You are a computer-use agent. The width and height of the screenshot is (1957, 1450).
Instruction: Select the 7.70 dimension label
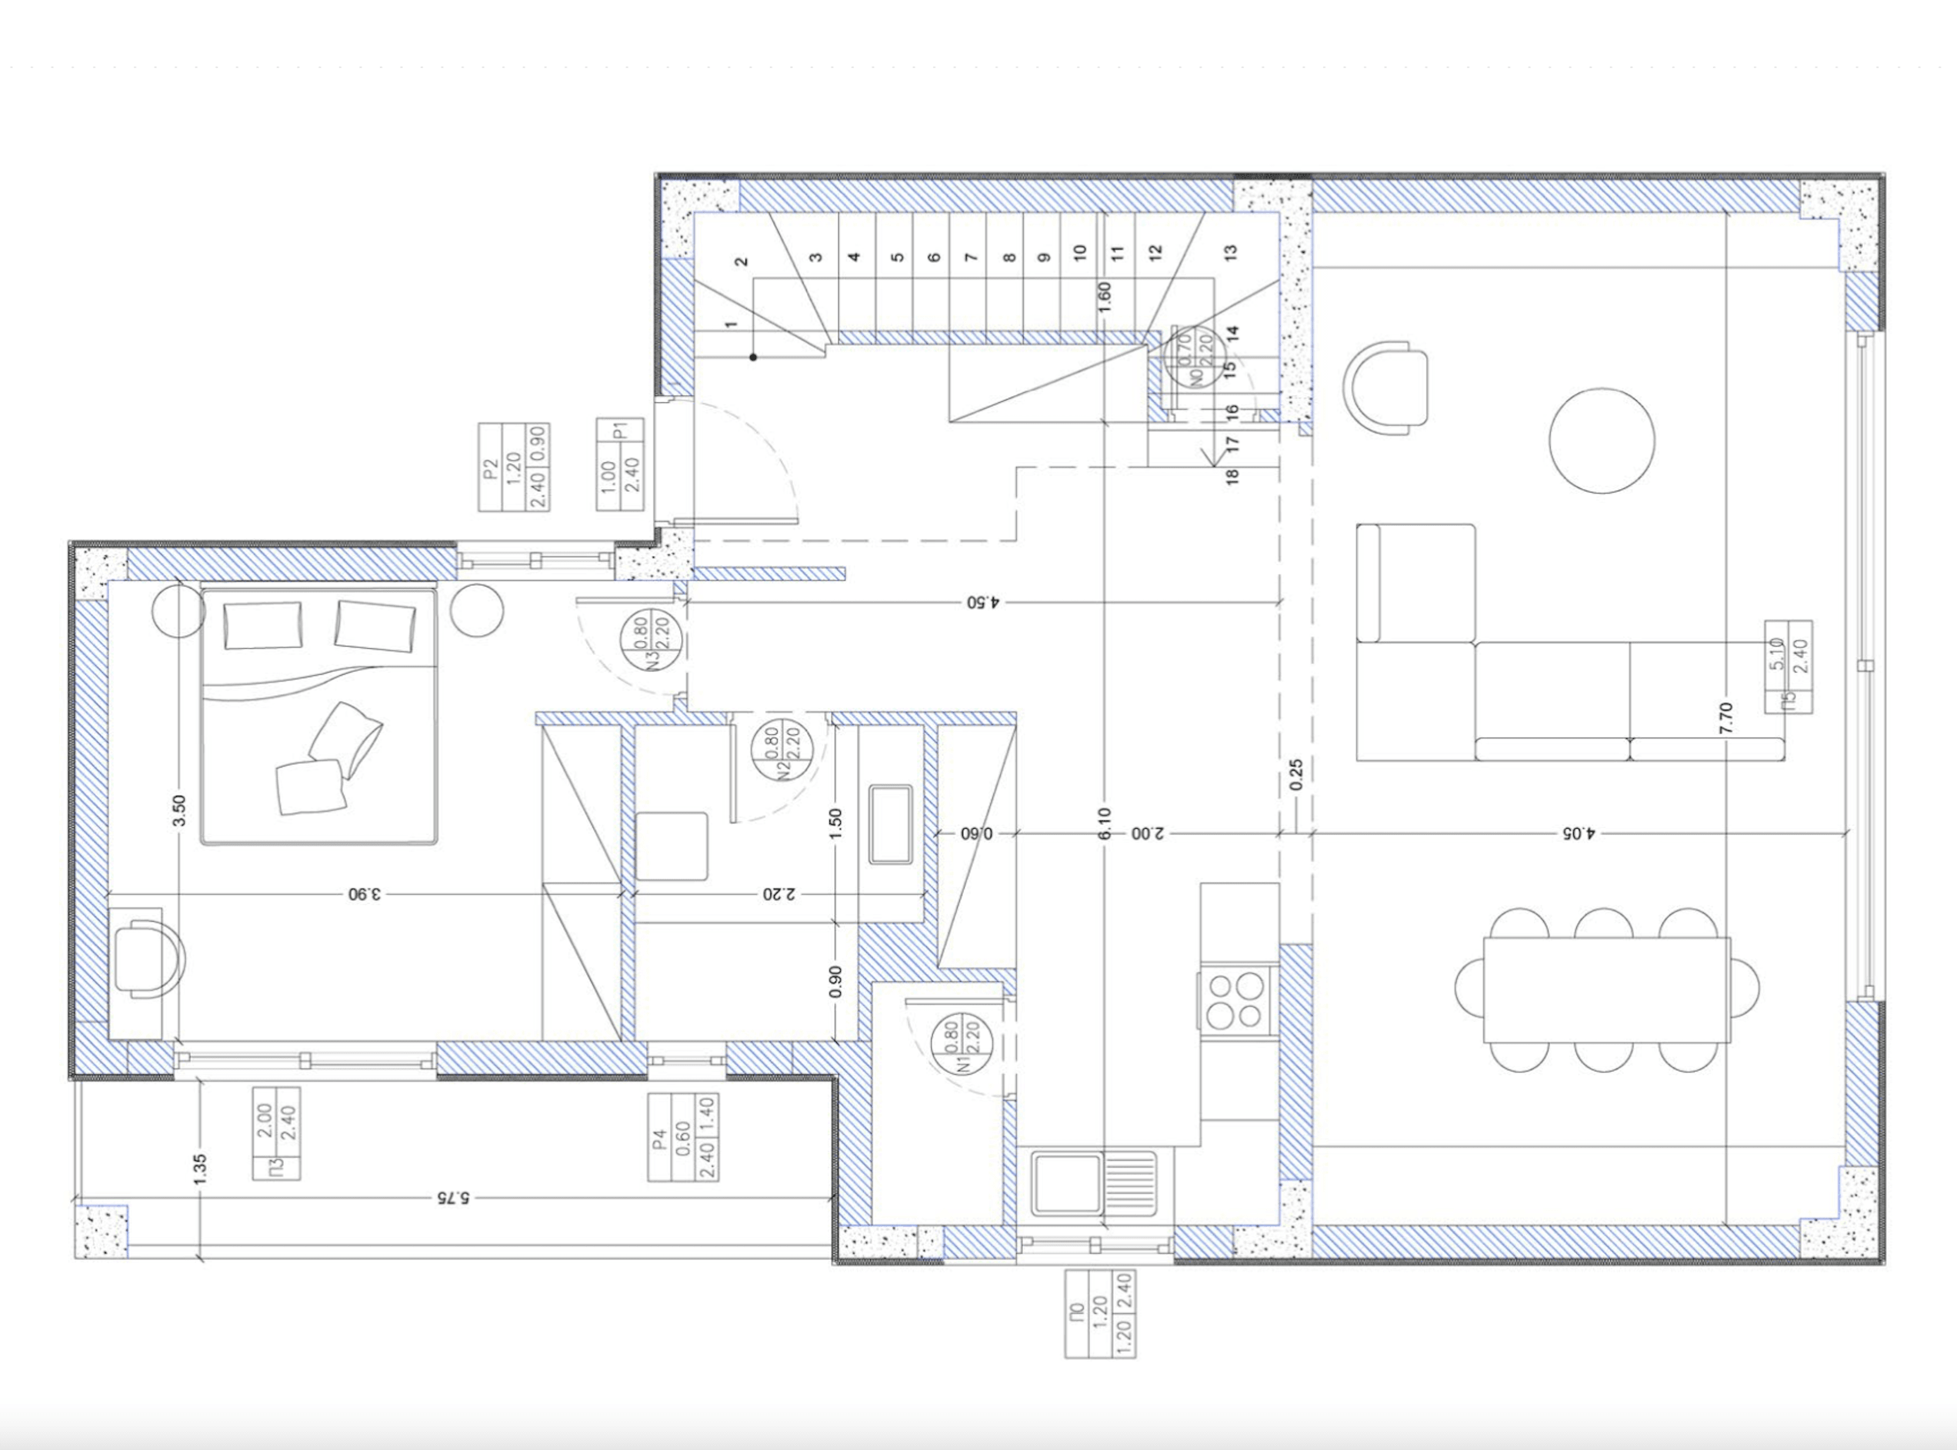click(1726, 718)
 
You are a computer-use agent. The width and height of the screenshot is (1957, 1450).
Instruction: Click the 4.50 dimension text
click(982, 602)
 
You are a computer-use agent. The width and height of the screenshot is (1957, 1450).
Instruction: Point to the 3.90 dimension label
click(365, 894)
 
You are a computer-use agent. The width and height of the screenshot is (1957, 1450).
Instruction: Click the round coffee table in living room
click(1602, 441)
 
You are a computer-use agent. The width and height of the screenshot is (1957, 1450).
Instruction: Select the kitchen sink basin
click(1067, 1183)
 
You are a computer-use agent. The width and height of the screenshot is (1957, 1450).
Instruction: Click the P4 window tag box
click(683, 1138)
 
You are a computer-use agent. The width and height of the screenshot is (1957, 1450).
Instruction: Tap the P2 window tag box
click(514, 467)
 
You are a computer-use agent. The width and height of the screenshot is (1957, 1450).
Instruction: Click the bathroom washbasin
click(890, 825)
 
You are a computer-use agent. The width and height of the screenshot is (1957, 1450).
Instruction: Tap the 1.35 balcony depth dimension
click(199, 1170)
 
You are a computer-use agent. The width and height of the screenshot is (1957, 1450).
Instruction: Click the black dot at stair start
click(753, 358)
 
